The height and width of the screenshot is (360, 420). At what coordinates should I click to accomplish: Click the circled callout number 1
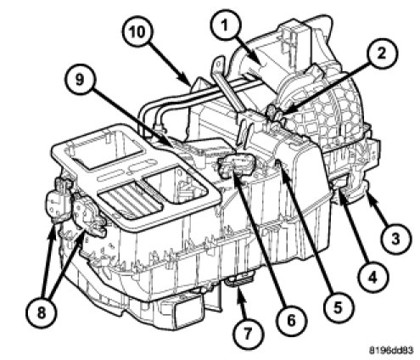[225, 26]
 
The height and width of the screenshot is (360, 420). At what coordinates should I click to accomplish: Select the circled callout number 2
[382, 53]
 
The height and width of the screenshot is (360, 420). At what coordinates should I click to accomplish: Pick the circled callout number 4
[372, 277]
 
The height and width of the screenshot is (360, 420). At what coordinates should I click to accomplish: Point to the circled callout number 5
[338, 307]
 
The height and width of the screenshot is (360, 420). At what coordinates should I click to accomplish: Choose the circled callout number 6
[291, 320]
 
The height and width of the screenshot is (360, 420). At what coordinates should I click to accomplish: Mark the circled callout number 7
[247, 334]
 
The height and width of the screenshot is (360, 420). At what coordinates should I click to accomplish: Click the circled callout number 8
[42, 312]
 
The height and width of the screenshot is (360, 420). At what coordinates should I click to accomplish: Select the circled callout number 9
[80, 80]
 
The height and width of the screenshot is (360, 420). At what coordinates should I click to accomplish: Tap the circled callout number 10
[137, 31]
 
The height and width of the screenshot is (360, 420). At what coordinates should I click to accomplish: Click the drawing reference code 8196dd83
[391, 350]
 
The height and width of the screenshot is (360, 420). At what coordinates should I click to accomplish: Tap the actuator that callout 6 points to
[237, 167]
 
